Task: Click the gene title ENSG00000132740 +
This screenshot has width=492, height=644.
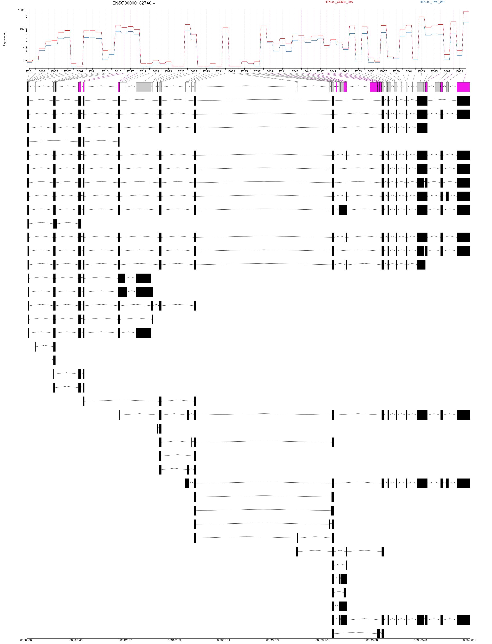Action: pos(134,3)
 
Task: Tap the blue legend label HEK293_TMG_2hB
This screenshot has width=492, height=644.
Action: pos(433,2)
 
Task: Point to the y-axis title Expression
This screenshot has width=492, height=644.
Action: pos(4,39)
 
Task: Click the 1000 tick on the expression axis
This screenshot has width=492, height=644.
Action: pos(21,10)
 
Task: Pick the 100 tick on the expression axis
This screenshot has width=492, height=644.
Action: pos(22,29)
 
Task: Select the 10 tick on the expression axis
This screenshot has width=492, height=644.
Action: pos(23,47)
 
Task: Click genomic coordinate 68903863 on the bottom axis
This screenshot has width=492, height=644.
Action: pos(27,640)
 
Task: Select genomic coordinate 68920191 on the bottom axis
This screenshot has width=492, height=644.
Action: pos(223,640)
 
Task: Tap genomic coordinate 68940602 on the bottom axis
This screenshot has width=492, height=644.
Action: pos(469,640)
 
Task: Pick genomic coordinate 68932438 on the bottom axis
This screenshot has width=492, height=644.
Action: pos(371,640)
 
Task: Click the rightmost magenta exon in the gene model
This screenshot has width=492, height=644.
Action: pos(463,87)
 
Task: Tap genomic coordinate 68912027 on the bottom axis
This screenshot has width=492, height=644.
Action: pos(125,640)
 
